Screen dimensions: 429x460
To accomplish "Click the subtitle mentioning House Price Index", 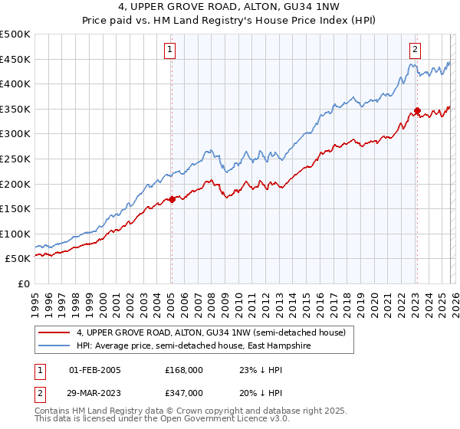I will (229, 21).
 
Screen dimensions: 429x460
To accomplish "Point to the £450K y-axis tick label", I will (15, 59).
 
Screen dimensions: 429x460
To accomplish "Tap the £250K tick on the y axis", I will (15, 159).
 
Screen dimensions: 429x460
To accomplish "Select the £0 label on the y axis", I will (24, 283).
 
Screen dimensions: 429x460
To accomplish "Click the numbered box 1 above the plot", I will (169, 51).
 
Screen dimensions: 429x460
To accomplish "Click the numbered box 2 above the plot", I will (415, 51).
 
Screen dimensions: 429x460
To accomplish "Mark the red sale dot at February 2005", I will (172, 199).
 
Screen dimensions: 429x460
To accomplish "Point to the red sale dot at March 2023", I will (417, 110).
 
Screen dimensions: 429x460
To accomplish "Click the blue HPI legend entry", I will (202, 346).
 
